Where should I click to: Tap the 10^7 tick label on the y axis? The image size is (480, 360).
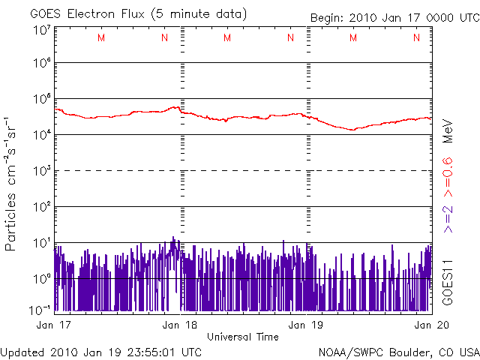coord(42,31)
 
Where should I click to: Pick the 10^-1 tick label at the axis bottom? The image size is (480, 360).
coord(40,308)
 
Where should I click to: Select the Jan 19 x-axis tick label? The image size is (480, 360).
coord(307,325)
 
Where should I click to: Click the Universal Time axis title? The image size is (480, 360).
coord(243,337)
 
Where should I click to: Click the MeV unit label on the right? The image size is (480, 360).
coord(448,130)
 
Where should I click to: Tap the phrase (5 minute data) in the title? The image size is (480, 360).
coord(199,14)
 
